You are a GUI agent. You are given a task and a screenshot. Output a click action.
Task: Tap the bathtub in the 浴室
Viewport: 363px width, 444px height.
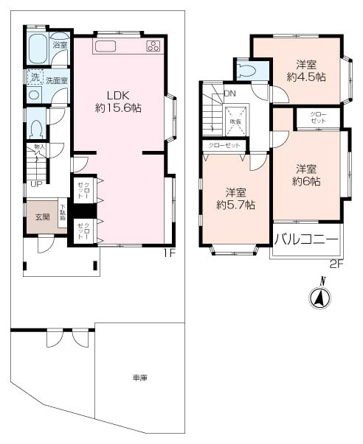click(x=36, y=49)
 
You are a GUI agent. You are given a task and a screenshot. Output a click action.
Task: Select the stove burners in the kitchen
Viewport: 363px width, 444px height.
click(x=153, y=46)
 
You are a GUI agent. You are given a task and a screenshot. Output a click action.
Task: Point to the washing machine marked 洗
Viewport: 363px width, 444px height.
click(x=35, y=77)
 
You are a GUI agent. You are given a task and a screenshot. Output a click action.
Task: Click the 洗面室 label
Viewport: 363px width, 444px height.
click(x=56, y=80)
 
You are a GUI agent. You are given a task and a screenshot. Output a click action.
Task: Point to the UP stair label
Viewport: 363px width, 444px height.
click(x=35, y=184)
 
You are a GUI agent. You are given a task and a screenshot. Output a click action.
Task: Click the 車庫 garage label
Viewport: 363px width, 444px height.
click(x=140, y=378)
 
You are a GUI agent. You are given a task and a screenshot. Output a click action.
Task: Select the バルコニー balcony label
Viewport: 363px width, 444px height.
click(x=306, y=239)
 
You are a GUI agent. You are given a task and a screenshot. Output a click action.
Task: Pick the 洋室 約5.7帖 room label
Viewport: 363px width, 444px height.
click(x=235, y=200)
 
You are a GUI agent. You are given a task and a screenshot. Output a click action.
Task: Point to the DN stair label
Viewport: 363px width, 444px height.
click(x=229, y=94)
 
